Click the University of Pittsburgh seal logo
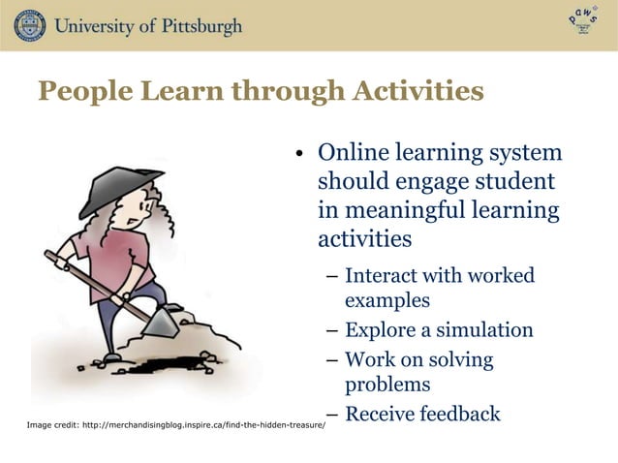click(x=30, y=25)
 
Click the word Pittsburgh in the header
click(x=192, y=26)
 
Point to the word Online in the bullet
click(x=352, y=154)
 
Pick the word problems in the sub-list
click(x=387, y=385)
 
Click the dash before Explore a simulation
click(x=331, y=331)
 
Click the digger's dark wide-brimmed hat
click(x=107, y=190)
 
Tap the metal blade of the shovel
click(x=161, y=320)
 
